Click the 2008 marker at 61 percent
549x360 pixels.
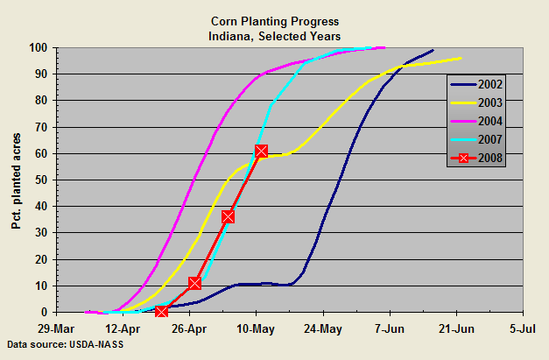[x=261, y=152]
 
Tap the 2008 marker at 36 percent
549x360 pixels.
[x=228, y=216]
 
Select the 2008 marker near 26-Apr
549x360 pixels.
[x=194, y=283]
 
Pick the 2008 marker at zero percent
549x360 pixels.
[x=161, y=311]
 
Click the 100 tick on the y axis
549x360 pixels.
[x=38, y=47]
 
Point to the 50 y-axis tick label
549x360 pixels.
[x=40, y=180]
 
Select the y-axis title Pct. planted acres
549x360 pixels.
[x=16, y=180]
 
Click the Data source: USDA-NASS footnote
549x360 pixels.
[x=60, y=344]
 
